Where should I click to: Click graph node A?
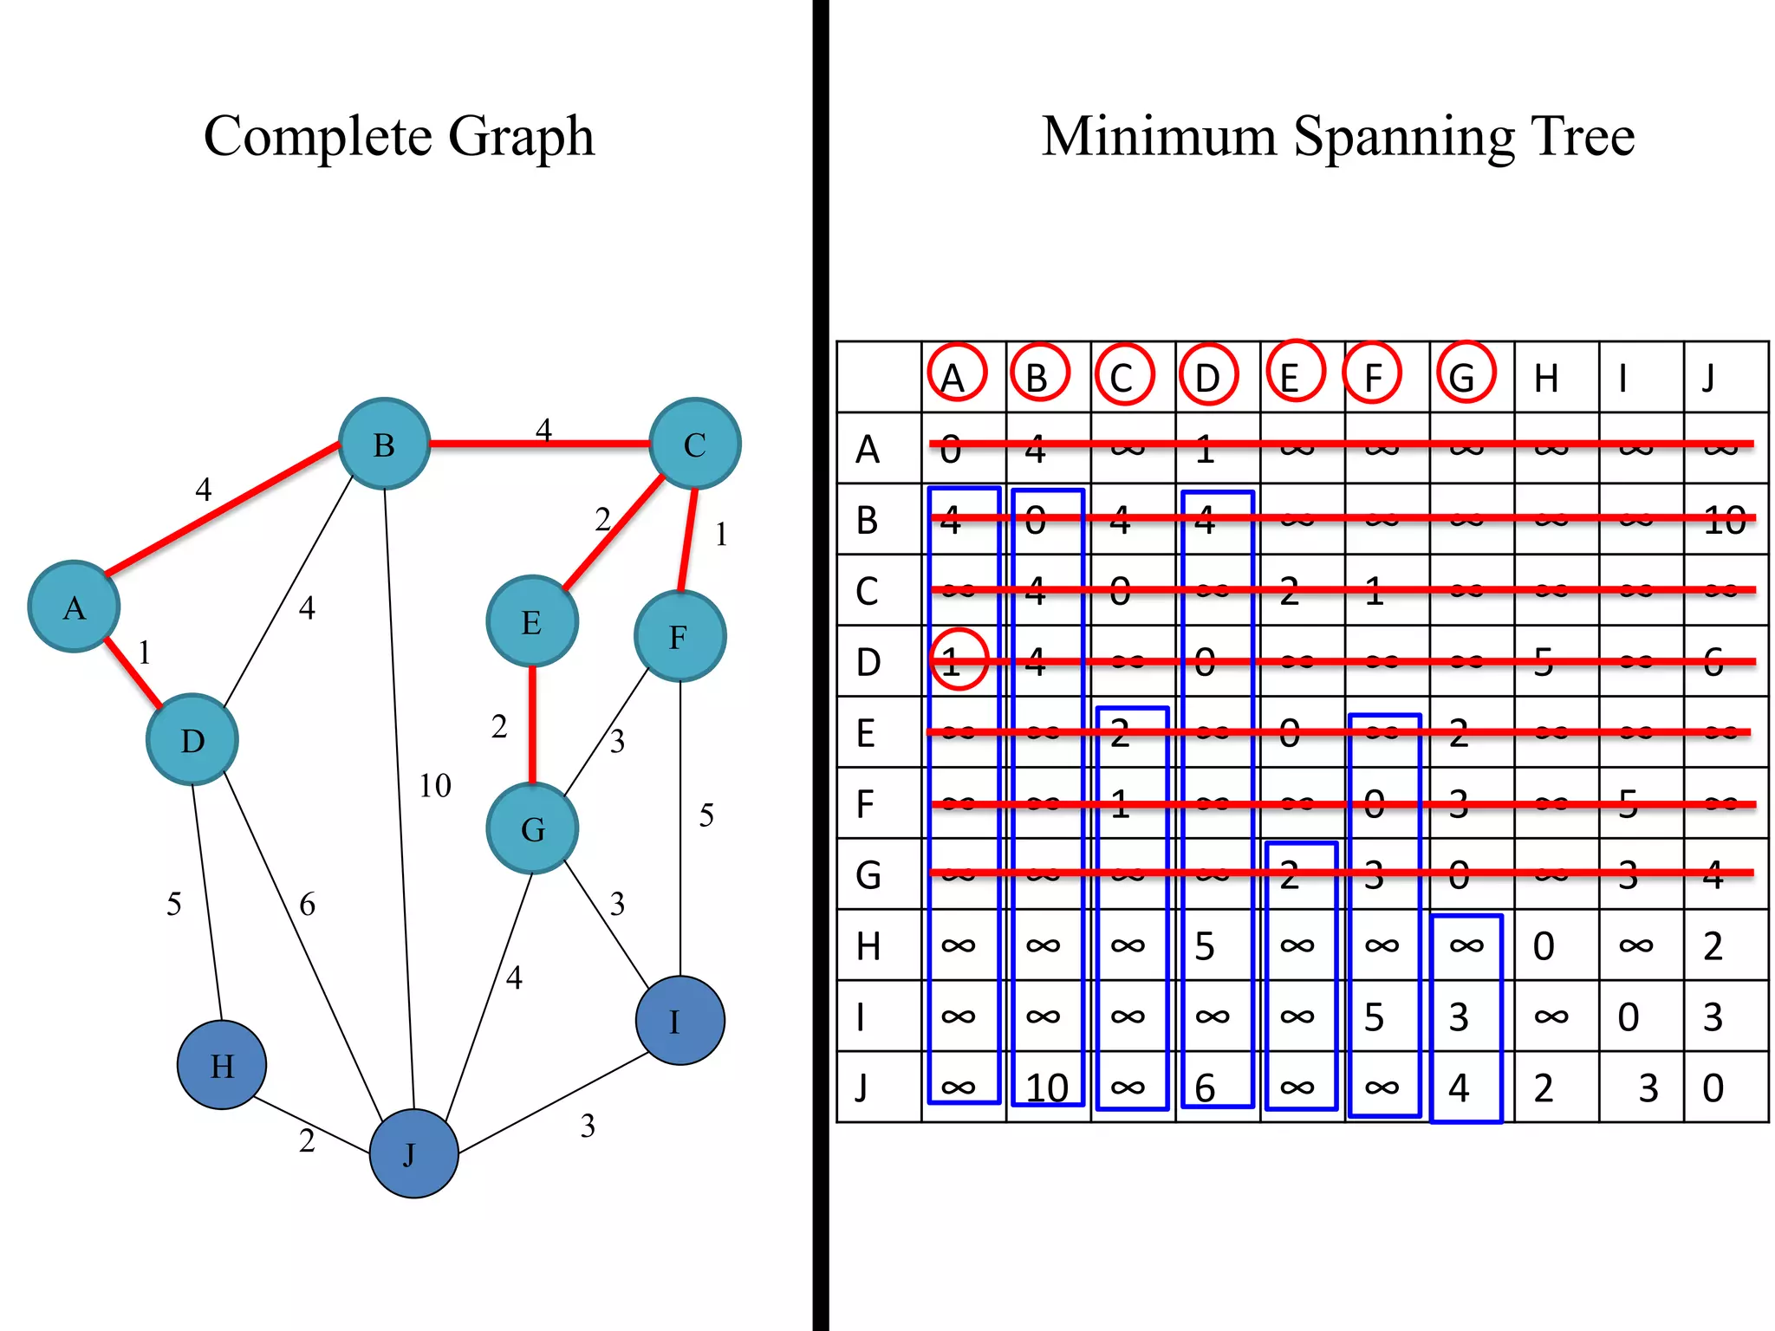click(x=74, y=607)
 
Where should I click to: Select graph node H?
click(x=222, y=1065)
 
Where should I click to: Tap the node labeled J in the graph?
click(x=413, y=1153)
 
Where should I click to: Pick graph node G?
click(x=532, y=828)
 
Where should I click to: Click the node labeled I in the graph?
click(x=679, y=1021)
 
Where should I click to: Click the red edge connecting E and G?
click(x=532, y=724)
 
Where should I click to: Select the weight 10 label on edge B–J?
click(x=435, y=786)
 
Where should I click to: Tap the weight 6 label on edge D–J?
click(x=308, y=905)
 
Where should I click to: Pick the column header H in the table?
click(x=1546, y=379)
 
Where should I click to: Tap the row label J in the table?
click(x=861, y=1087)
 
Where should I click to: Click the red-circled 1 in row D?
click(x=959, y=659)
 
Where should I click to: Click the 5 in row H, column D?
click(x=1205, y=946)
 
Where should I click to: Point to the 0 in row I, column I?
click(x=1629, y=1017)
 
